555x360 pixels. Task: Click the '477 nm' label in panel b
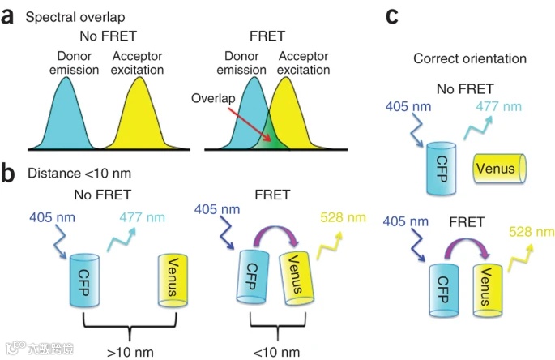click(147, 217)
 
